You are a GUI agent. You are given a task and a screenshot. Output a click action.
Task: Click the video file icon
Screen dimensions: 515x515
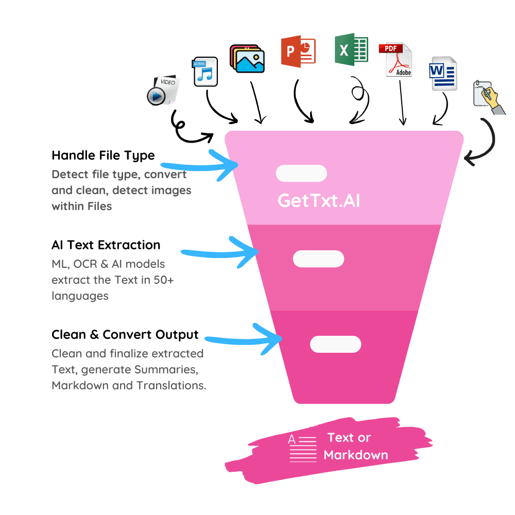click(163, 90)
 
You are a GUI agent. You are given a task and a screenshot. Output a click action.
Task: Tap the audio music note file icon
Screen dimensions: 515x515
click(205, 72)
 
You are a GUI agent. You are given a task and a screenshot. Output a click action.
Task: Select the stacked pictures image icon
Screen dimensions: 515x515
click(247, 59)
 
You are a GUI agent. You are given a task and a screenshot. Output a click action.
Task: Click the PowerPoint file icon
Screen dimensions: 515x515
click(298, 51)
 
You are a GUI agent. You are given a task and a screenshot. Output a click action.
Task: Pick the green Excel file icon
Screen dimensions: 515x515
click(351, 49)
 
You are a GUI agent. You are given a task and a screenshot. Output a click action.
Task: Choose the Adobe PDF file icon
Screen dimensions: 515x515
click(396, 59)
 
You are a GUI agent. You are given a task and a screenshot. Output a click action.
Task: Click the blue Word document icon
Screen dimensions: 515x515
click(443, 74)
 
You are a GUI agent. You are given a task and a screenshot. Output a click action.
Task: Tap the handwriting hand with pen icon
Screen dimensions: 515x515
click(489, 97)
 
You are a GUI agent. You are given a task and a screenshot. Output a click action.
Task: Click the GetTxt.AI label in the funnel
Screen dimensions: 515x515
click(319, 200)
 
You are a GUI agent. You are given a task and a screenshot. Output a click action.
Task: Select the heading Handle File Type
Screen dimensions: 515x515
click(103, 156)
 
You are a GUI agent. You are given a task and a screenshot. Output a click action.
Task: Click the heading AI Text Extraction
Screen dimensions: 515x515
click(106, 245)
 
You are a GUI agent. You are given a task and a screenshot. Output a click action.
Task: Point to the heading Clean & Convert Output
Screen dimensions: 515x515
click(125, 335)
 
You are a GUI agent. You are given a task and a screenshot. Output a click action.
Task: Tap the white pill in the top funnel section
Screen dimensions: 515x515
click(301, 173)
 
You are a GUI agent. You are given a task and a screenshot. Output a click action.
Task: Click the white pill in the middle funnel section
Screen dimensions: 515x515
click(318, 259)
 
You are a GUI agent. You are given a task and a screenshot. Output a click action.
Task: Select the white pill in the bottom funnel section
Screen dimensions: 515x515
click(335, 344)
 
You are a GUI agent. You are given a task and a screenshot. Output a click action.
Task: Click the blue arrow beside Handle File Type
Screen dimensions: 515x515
click(200, 166)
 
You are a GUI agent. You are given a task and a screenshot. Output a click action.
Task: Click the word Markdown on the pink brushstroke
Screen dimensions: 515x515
click(356, 455)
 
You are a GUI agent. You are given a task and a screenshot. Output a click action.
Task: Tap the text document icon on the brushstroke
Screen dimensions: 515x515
click(302, 449)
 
